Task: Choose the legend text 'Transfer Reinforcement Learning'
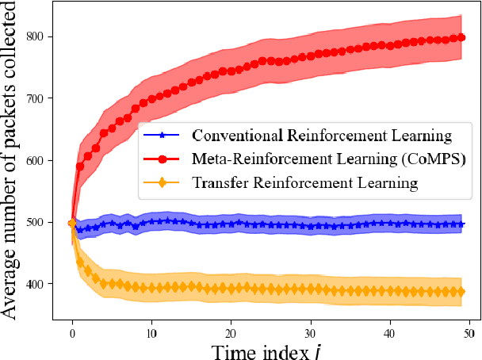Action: click(305, 183)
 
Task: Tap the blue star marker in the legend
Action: click(163, 135)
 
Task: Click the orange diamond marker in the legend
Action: click(163, 183)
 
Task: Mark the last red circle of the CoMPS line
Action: click(461, 37)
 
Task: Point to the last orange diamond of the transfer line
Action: click(461, 292)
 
